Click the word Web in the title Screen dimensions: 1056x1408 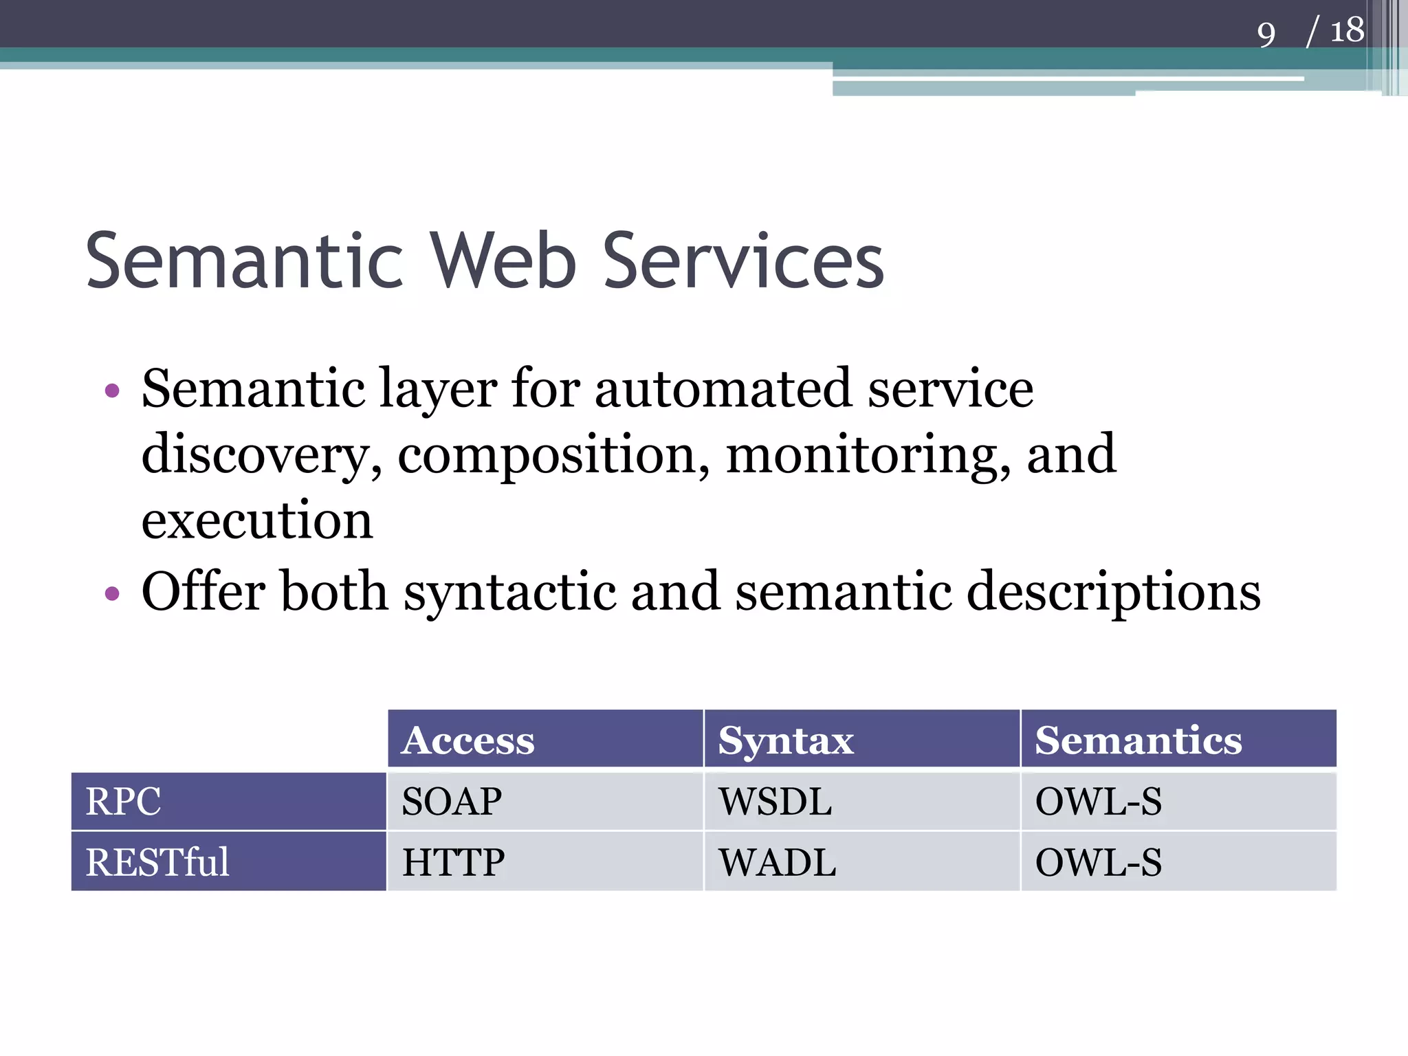tap(503, 261)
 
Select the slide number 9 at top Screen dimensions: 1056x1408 tap(1266, 34)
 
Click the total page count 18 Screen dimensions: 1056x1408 tap(1346, 31)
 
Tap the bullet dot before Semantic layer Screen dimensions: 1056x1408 tap(112, 391)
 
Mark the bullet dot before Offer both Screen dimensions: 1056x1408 tap(112, 593)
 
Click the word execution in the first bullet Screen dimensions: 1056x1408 tap(257, 520)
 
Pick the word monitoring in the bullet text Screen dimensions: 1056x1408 tap(868, 455)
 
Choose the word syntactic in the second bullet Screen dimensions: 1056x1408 tap(509, 592)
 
